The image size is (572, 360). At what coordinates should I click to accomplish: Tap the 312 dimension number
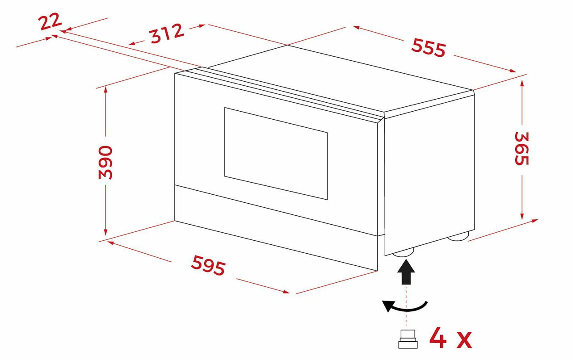tap(167, 33)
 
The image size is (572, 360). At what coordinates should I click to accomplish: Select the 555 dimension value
tap(429, 47)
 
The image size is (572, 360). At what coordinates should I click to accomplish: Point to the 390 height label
tap(105, 163)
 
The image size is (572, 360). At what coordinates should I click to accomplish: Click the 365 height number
tap(522, 149)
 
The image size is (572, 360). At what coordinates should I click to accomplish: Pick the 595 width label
tap(208, 265)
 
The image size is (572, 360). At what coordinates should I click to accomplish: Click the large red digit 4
tap(437, 338)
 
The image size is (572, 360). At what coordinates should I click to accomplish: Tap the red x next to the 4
tap(464, 340)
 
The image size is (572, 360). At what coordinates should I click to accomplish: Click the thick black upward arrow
tap(406, 271)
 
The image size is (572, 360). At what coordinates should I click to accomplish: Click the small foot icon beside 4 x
tap(408, 339)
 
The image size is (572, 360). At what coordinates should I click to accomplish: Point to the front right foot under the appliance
tap(403, 253)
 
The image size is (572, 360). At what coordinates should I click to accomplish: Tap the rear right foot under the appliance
tap(458, 237)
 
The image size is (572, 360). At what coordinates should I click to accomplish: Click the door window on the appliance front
tap(276, 154)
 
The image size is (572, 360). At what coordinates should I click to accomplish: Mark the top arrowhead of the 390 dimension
tap(105, 89)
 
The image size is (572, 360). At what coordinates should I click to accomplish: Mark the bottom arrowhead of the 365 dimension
tap(522, 217)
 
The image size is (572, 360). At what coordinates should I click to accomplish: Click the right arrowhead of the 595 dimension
tap(286, 292)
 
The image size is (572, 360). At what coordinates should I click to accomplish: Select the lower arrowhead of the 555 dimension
tap(512, 71)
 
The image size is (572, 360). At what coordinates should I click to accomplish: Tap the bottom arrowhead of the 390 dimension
tap(105, 232)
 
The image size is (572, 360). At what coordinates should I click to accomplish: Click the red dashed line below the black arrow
tap(406, 306)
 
